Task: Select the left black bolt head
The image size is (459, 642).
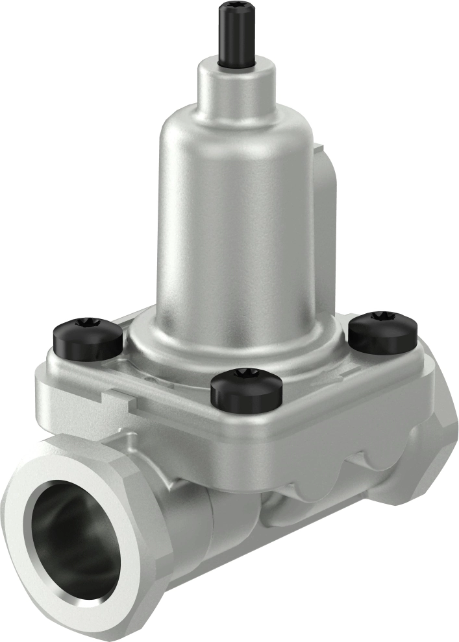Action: point(86,337)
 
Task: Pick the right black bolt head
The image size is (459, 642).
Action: point(383,329)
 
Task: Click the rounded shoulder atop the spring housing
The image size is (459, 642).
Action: point(234,123)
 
